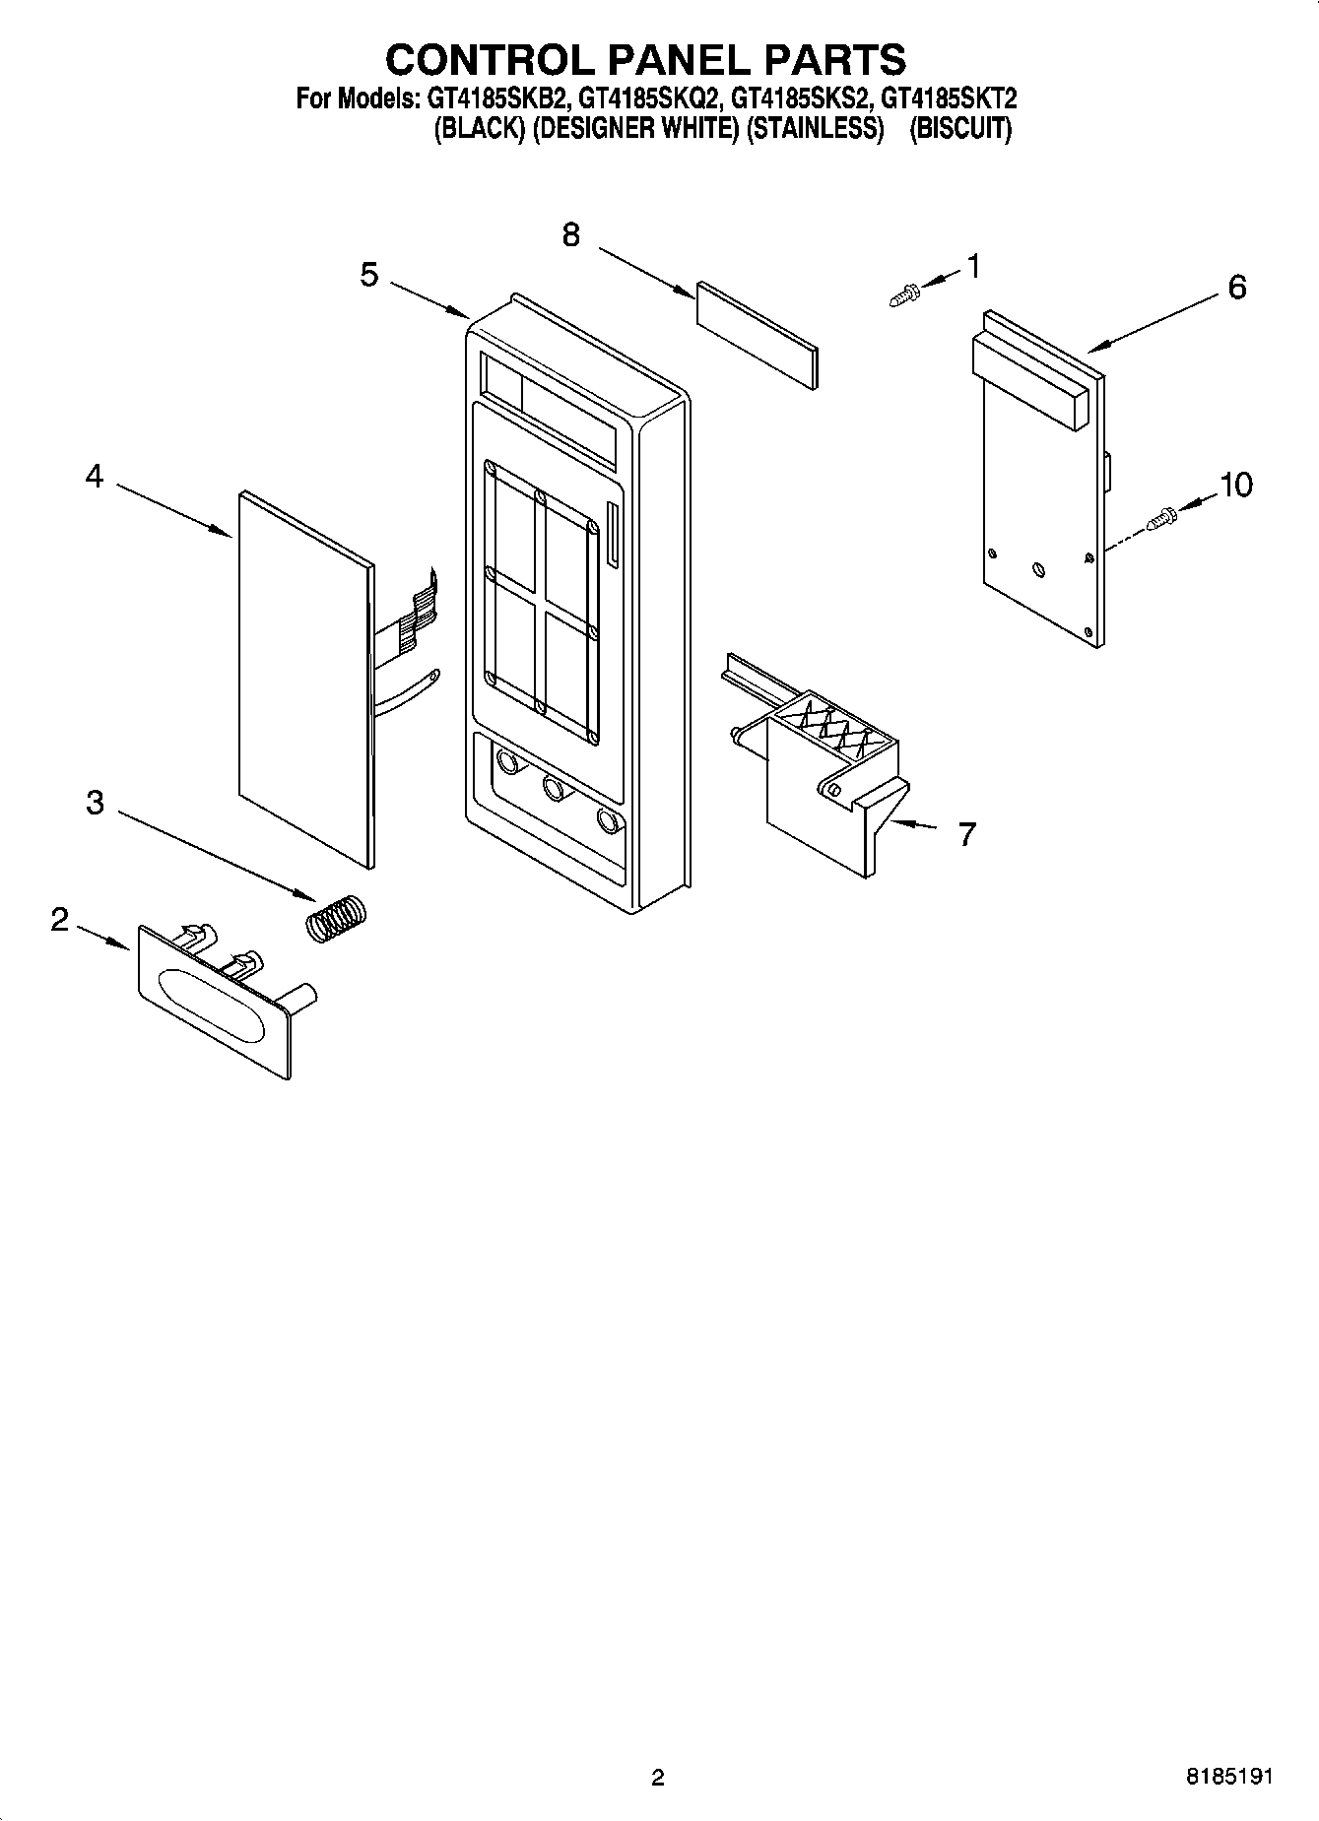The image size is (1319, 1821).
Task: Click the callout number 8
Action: pos(571,235)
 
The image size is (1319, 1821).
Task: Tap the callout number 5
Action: pos(368,275)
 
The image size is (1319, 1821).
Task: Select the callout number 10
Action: pos(1236,485)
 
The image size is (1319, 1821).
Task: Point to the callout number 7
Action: pos(966,835)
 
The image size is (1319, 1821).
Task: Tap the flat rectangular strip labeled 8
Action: pos(757,336)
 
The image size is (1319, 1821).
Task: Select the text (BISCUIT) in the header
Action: pos(959,129)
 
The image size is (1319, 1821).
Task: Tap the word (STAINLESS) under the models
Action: pos(814,129)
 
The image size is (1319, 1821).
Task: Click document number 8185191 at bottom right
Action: pos(1229,1776)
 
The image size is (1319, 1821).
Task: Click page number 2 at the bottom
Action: pos(658,1777)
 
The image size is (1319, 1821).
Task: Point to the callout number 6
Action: pos(1236,288)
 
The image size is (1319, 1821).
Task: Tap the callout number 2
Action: pos(60,920)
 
